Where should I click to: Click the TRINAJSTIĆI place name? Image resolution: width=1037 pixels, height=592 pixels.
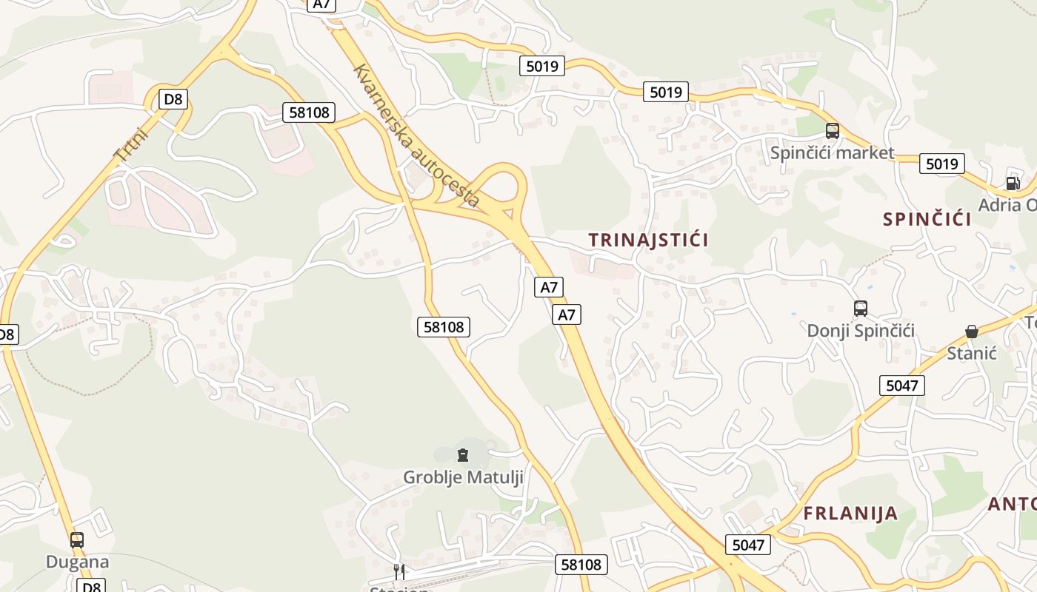tap(648, 240)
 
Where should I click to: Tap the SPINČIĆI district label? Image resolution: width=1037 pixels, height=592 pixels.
tap(927, 219)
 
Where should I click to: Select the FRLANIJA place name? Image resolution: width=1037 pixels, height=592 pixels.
tap(850, 514)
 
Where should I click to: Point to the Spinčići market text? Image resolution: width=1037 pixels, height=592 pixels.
tap(832, 153)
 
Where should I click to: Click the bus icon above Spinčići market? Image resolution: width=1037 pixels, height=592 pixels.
tap(832, 131)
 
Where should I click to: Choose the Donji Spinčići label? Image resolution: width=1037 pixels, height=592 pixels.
tap(861, 331)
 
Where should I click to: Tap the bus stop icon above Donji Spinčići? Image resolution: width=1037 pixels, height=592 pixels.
tap(860, 309)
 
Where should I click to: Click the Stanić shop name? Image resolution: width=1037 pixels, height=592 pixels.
tap(972, 353)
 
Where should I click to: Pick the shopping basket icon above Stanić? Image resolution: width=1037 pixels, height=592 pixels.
tap(971, 332)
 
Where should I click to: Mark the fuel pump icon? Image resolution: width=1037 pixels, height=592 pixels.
tap(1012, 183)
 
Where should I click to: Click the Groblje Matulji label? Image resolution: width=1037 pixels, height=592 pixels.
tap(463, 477)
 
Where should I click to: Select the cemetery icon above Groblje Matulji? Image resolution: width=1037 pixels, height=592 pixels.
tap(463, 454)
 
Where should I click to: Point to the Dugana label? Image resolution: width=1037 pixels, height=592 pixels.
tap(77, 562)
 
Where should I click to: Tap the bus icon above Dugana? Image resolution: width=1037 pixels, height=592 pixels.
tap(77, 540)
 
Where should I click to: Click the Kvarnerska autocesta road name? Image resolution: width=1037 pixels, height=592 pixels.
tap(416, 135)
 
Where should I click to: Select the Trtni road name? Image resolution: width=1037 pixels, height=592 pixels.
tap(131, 144)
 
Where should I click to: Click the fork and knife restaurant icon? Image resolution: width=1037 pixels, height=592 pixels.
tap(399, 571)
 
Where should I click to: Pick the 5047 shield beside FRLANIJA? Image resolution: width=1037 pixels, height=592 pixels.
tap(747, 545)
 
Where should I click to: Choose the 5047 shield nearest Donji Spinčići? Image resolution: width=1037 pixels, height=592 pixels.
tap(901, 385)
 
